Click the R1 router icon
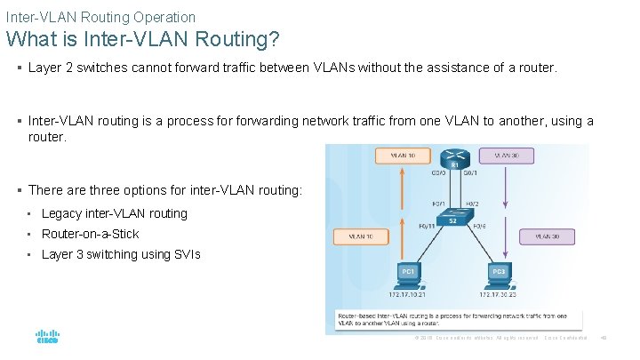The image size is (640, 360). [x=454, y=157]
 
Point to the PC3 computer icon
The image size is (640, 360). [x=500, y=272]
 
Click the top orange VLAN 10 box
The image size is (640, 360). [x=392, y=155]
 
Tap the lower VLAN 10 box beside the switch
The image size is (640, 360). [x=361, y=237]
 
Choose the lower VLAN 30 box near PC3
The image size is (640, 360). [x=547, y=237]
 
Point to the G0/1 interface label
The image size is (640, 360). [x=471, y=174]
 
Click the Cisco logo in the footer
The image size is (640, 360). [x=47, y=338]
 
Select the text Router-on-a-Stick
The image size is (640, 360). [x=90, y=234]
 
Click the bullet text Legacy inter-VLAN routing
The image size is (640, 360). [x=114, y=213]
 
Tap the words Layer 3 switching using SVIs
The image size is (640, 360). [x=121, y=254]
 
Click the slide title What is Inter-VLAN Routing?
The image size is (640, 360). [x=143, y=40]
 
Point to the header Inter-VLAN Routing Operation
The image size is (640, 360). [x=100, y=17]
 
